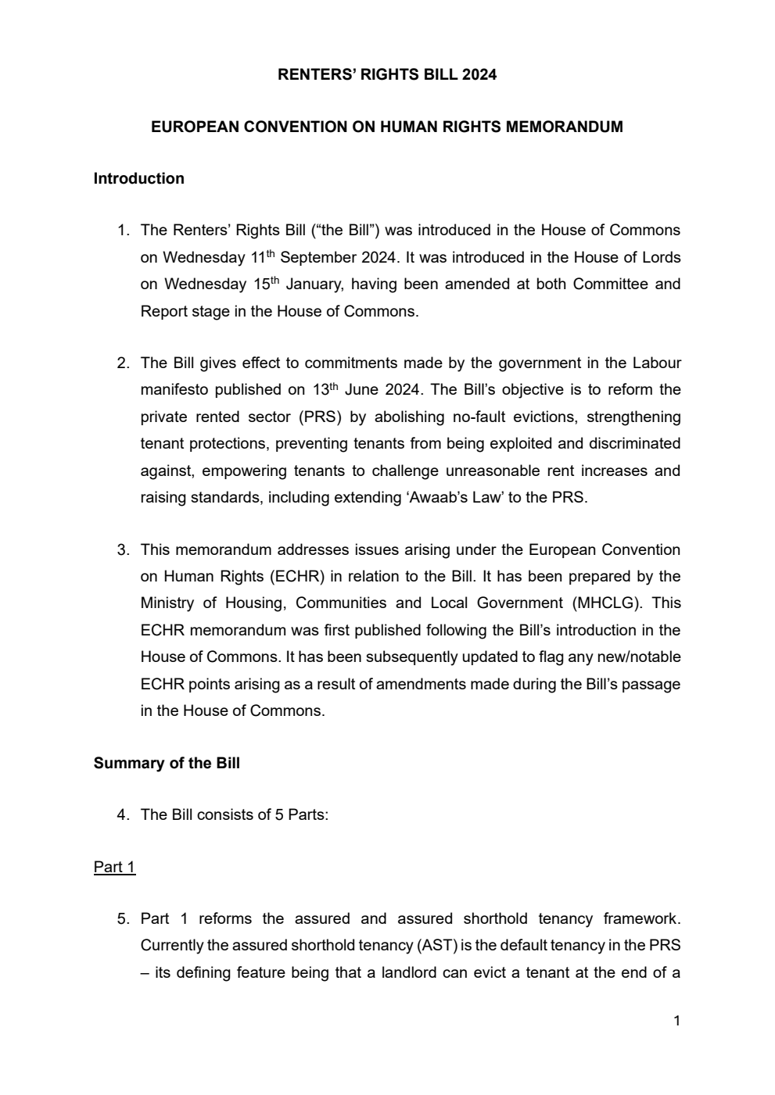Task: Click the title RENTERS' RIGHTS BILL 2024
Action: pyautogui.click(x=387, y=75)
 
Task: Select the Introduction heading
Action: pyautogui.click(x=138, y=178)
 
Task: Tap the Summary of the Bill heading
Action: pyautogui.click(x=167, y=763)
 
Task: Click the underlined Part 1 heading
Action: pyautogui.click(x=114, y=867)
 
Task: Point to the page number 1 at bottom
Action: pyautogui.click(x=676, y=1020)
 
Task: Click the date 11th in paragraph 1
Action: pyautogui.click(x=263, y=257)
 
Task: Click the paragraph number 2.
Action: pyautogui.click(x=123, y=363)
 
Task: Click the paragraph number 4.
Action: pyautogui.click(x=123, y=814)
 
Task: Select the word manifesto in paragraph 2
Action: pyautogui.click(x=174, y=389)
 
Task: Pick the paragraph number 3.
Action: pyautogui.click(x=123, y=549)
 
